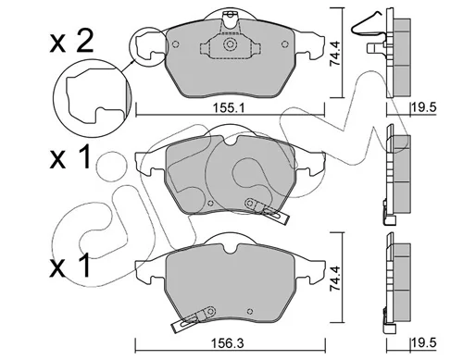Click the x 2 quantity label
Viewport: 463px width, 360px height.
tap(71, 42)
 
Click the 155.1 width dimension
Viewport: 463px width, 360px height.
tap(229, 108)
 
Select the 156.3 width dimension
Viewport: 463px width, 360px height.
tap(227, 343)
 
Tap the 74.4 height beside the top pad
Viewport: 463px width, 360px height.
tap(334, 54)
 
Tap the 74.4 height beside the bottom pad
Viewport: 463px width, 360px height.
tap(334, 279)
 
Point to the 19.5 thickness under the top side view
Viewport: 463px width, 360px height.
tap(423, 107)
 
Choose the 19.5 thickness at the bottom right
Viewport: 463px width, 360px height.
tap(423, 343)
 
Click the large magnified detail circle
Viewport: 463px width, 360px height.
tap(54, 95)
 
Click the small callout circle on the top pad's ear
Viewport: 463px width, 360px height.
tap(130, 46)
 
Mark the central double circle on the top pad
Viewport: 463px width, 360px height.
tap(230, 44)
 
